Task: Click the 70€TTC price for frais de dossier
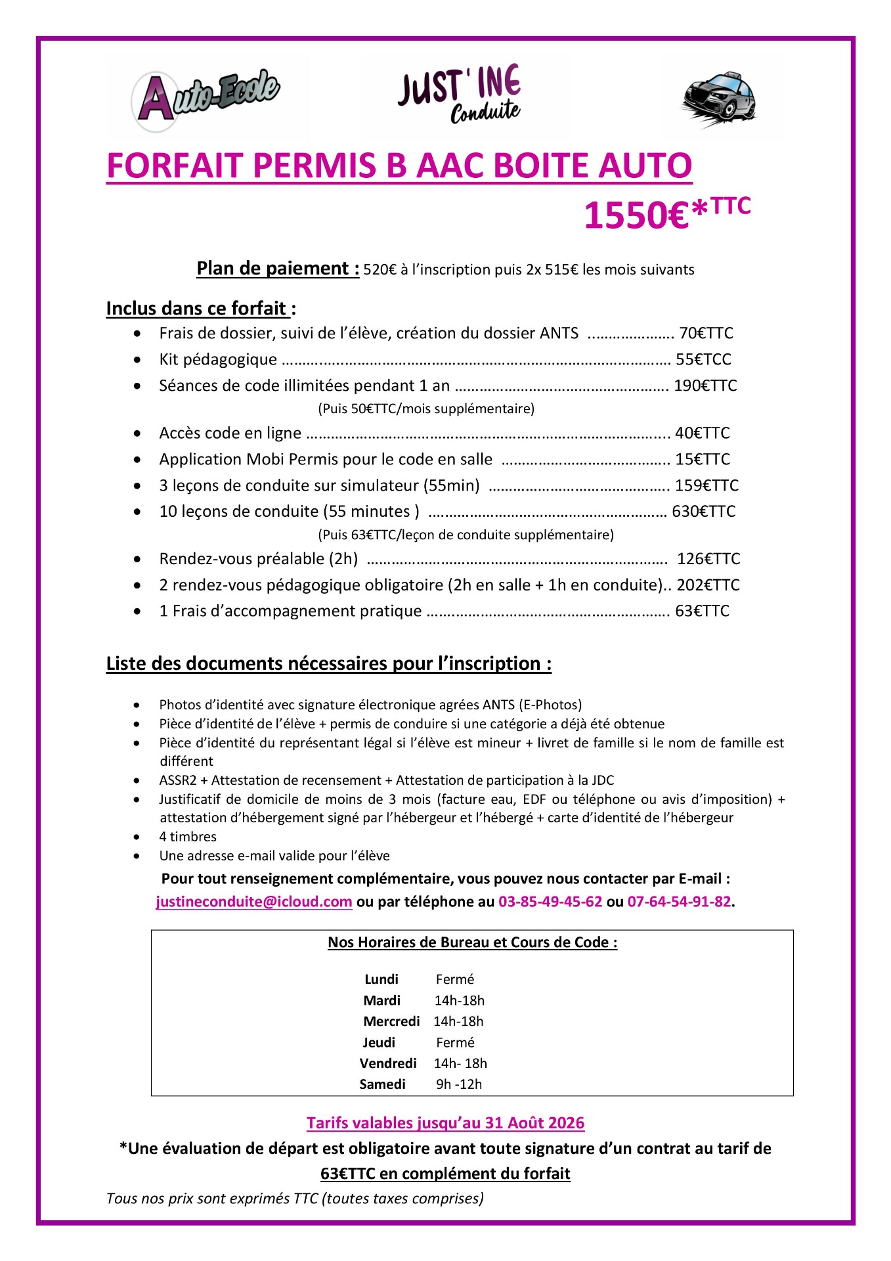click(706, 334)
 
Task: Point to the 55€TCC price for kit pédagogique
click(703, 359)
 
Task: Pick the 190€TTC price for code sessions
click(705, 386)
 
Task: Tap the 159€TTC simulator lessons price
click(706, 485)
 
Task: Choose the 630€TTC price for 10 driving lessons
click(703, 512)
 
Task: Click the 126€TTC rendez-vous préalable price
click(708, 559)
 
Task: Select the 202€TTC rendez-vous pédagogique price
click(708, 585)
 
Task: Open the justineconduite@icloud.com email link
click(254, 902)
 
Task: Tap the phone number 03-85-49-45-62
click(550, 902)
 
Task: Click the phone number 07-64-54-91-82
click(679, 902)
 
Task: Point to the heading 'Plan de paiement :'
click(278, 269)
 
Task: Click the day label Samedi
click(382, 1084)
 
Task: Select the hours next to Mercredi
click(458, 1021)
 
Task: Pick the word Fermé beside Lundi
click(454, 979)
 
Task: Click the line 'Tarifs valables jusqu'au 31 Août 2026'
click(445, 1123)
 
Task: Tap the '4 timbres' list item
click(188, 837)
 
